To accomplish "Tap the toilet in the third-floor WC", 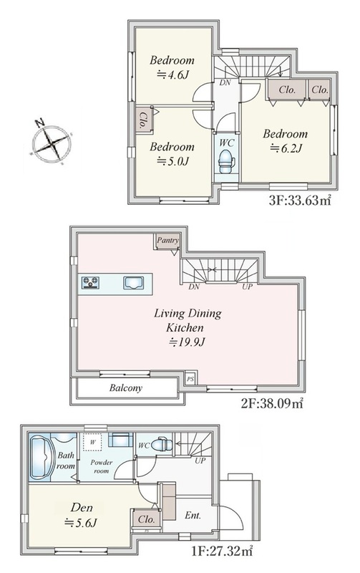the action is click(226, 162).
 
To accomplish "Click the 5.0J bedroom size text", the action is click(172, 160).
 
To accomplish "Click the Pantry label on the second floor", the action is click(167, 240).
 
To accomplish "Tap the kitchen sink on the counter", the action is click(133, 283).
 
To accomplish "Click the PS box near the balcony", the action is click(190, 379).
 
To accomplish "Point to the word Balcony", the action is click(125, 387).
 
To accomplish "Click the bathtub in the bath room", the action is click(42, 457).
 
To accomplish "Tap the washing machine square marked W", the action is click(93, 442).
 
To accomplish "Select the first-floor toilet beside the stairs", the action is click(162, 445).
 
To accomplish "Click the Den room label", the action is click(82, 508).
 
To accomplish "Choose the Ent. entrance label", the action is click(193, 515).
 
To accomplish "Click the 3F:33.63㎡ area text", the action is click(300, 201).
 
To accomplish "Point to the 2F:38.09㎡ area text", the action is click(272, 403).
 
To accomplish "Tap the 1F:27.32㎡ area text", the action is click(222, 551).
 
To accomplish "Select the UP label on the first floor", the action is click(200, 461).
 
